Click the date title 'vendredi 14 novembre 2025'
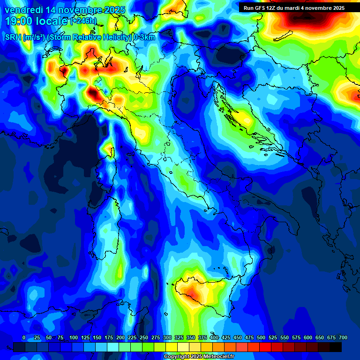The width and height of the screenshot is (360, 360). coord(65,10)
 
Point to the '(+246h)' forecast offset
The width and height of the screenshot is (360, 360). coord(83,21)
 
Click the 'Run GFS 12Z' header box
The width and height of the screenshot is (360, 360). coord(294,8)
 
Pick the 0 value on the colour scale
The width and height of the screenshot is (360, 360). coord(24,337)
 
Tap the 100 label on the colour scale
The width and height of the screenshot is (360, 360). coord(73,337)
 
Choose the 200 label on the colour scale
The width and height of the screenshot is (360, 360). coord(120,337)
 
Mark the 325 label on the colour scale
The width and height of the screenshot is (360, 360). coord(179,337)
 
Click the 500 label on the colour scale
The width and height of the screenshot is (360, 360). coord(261,337)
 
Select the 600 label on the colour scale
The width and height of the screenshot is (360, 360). coord(308,337)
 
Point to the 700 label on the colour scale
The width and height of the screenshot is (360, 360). coord(343,337)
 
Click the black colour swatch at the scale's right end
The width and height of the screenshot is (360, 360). coord(336,347)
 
